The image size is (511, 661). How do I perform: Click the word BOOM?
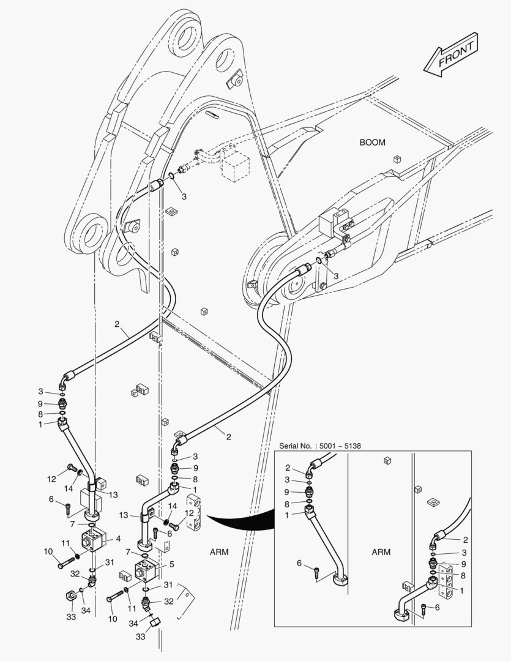(372, 143)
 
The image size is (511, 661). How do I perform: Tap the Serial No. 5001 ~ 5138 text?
(320, 446)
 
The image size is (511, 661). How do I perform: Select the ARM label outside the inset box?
(218, 551)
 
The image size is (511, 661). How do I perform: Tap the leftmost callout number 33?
(71, 617)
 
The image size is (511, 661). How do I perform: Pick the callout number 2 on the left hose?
(116, 324)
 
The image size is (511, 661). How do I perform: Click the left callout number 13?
(113, 495)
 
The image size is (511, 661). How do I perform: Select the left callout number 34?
(86, 610)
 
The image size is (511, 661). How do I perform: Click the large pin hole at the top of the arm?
(185, 35)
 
